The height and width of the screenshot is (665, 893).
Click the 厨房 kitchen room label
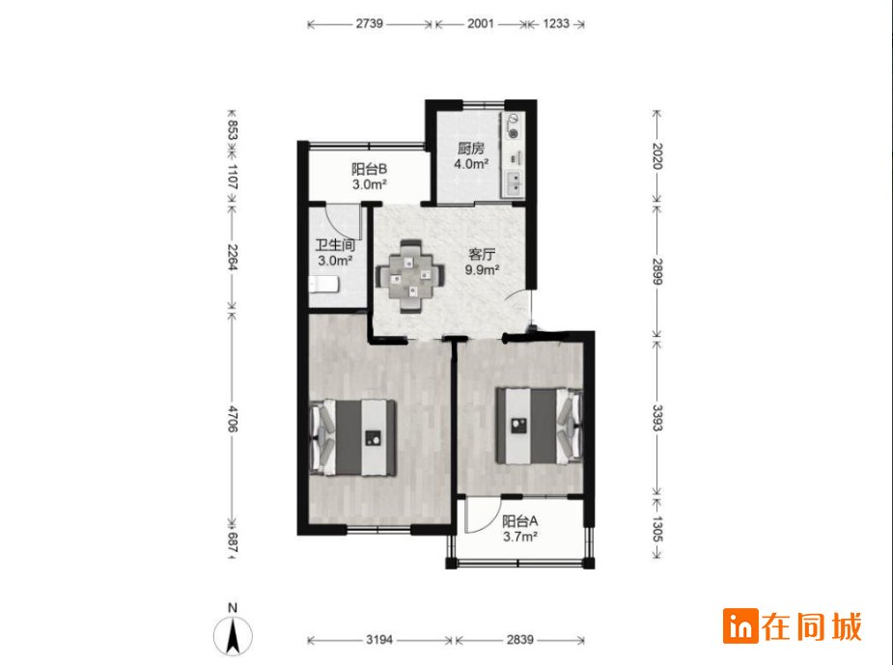coord(471,149)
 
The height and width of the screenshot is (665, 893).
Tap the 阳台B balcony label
coord(369,169)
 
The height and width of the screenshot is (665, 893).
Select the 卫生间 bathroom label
coord(335,245)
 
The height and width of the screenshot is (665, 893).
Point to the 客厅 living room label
coord(482,254)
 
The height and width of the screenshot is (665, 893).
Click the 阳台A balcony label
coord(520,521)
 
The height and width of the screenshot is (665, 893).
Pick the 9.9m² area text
coord(483,270)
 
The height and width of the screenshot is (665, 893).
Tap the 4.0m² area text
coord(471,164)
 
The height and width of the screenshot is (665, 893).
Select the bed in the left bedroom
coord(353,437)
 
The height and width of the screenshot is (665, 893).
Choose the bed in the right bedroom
coord(539,426)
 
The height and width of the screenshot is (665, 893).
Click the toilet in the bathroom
coord(323,285)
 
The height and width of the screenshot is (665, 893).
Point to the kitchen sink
coord(514,183)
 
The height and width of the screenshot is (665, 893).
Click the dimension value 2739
coord(369,24)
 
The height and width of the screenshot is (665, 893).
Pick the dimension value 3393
coord(656,418)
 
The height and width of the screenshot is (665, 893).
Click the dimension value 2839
coord(520,640)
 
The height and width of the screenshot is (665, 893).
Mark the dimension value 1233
coord(556,24)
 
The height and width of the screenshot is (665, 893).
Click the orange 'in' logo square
coord(740,626)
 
